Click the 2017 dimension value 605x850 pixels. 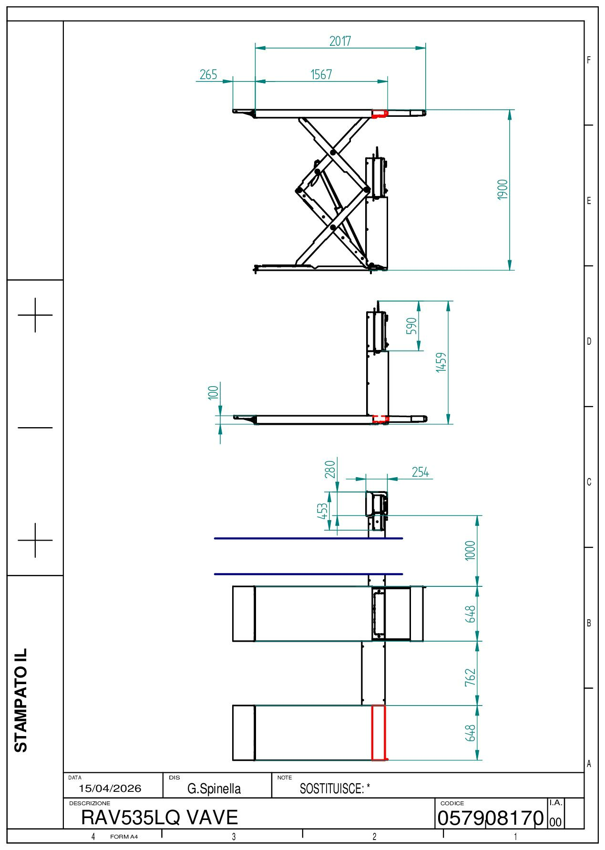pos(340,41)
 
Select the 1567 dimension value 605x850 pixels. pos(321,75)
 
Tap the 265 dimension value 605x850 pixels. pos(208,75)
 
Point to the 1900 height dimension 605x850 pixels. pos(502,190)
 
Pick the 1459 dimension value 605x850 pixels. pos(441,362)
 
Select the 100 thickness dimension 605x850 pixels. pos(214,392)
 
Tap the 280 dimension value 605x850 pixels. pos(330,469)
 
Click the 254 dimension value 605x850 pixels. pos(420,472)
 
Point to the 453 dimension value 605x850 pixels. pos(323,511)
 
